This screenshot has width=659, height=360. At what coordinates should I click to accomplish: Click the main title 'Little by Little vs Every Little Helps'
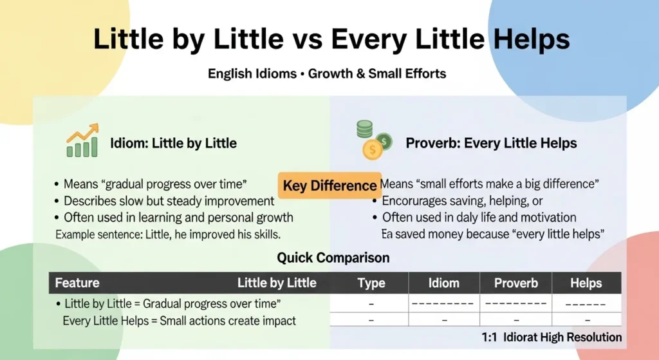(x=331, y=40)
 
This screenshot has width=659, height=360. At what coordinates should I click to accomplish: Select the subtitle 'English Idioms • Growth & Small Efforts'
(x=326, y=73)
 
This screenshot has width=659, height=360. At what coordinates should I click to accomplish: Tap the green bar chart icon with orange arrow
(x=82, y=141)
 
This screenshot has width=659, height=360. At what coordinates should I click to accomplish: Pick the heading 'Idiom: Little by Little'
(x=173, y=143)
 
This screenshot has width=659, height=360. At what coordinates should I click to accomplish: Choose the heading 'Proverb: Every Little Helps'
(x=492, y=143)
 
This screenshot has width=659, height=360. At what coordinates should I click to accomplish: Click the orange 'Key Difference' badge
(x=329, y=185)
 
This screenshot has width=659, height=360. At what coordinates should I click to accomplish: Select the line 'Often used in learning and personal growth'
(x=178, y=217)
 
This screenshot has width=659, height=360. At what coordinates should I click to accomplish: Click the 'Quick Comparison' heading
(x=333, y=258)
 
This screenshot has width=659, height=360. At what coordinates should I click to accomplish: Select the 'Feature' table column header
(x=77, y=283)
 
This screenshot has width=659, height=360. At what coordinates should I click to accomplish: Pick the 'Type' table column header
(x=371, y=283)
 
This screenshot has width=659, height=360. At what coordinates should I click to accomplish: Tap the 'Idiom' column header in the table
(x=443, y=283)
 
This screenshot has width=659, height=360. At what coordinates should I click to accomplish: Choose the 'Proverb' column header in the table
(x=515, y=283)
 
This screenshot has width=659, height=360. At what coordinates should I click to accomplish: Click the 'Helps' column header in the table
(x=586, y=283)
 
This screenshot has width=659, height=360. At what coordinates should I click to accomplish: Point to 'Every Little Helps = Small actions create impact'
(x=179, y=321)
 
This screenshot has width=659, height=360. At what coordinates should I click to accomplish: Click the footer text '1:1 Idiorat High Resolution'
(x=552, y=337)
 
